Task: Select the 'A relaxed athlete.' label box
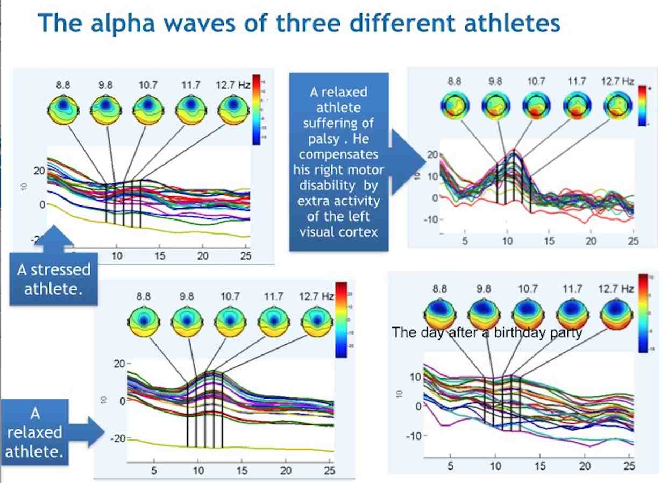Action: [37, 432]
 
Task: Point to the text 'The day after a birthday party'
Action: [487, 332]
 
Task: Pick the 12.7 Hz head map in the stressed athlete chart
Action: [233, 110]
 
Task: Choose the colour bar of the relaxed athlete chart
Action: [341, 319]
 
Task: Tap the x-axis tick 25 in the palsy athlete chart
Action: [634, 241]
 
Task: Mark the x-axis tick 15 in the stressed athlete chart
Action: [159, 256]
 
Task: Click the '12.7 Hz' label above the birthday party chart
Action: [616, 289]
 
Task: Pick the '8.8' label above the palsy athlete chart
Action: [454, 82]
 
